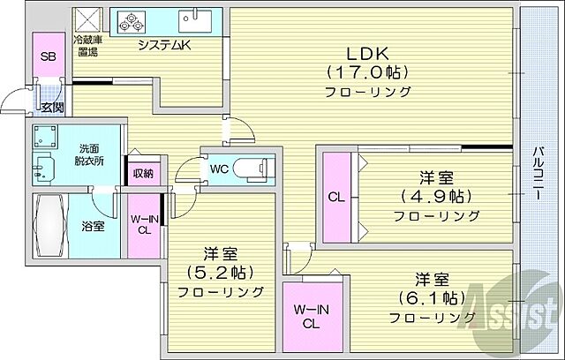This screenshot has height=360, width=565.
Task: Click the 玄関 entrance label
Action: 51,107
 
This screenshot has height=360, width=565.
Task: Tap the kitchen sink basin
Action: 193,21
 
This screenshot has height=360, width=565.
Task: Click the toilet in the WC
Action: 256,165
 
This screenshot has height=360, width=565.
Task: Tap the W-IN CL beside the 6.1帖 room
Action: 312,317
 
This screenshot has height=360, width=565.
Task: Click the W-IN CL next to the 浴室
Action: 143,226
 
